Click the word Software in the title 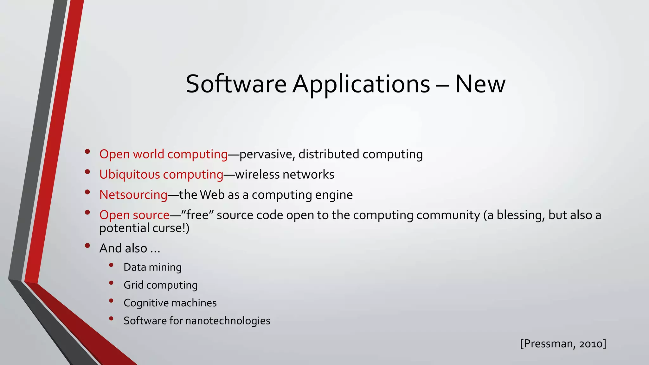236,84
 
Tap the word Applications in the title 361,85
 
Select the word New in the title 480,84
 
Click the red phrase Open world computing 164,154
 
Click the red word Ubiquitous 130,175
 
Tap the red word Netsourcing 133,195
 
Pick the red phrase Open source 134,215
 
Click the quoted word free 197,215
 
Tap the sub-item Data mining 152,267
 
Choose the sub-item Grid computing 160,285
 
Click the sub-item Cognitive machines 170,303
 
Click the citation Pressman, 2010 563,344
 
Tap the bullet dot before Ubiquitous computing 87,172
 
